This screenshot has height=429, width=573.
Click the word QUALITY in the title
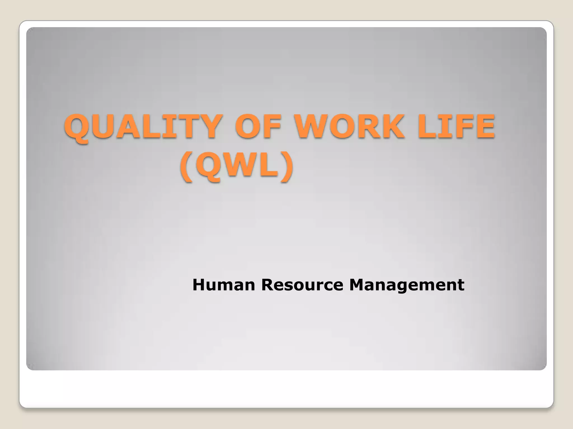click(x=143, y=127)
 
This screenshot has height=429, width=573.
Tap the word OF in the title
click(x=257, y=127)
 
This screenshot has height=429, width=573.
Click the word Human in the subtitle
click(x=224, y=285)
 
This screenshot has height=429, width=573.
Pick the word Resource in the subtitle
click(x=302, y=285)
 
